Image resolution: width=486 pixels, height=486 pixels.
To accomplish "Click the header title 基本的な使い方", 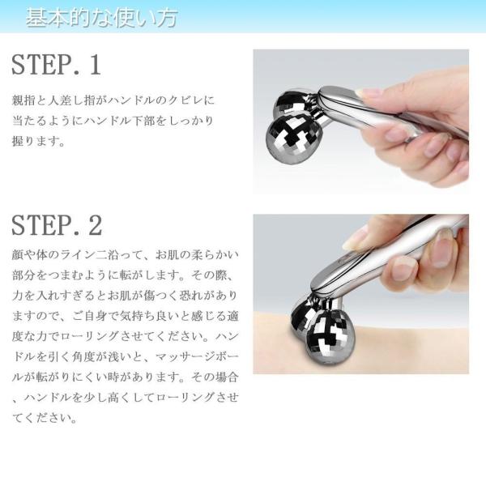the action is [x=102, y=18].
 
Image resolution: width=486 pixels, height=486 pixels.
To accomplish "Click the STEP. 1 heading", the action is [x=56, y=65].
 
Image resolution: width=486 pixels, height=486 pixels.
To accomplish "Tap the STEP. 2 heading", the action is [x=57, y=225].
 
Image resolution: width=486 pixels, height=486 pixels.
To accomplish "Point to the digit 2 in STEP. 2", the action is [x=95, y=225].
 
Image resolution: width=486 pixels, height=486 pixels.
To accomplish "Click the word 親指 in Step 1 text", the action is [x=23, y=100].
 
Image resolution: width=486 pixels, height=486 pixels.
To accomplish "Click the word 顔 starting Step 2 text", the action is [x=18, y=255].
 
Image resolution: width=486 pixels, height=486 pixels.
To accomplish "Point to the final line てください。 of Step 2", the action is [x=45, y=418].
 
